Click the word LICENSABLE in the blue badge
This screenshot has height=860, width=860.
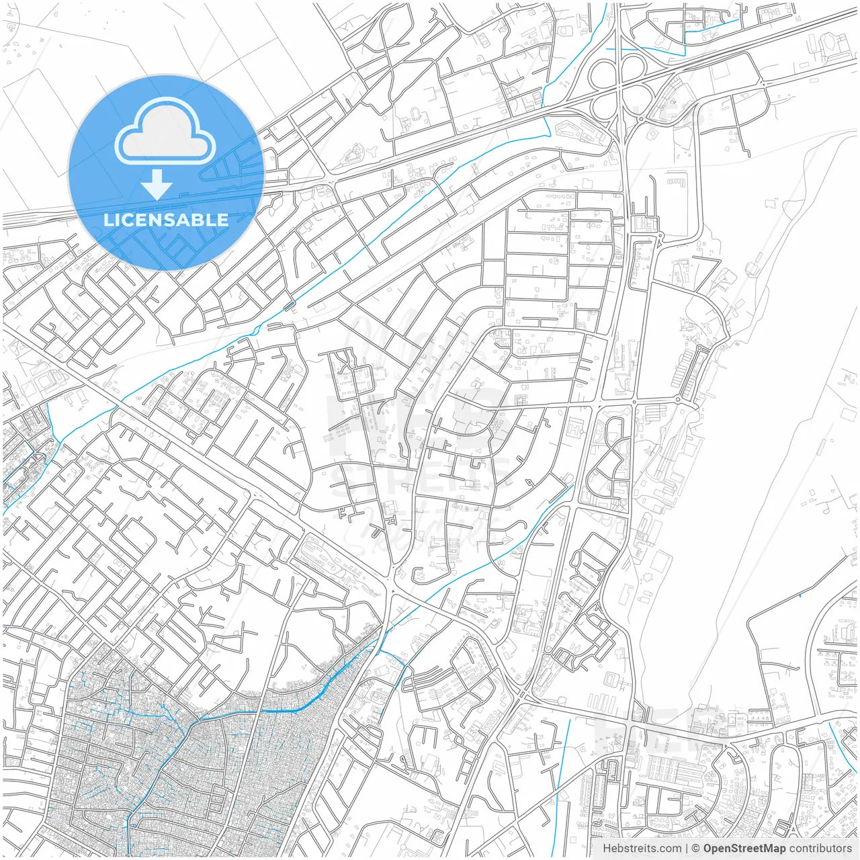[166, 220]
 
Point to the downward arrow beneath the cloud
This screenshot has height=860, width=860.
[157, 184]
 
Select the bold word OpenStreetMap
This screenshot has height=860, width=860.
[744, 849]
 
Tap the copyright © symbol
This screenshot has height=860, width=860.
[696, 849]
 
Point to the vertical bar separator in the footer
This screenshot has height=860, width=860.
[686, 849]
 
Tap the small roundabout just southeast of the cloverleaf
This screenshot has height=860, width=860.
[641, 120]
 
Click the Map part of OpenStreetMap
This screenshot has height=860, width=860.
[773, 849]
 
